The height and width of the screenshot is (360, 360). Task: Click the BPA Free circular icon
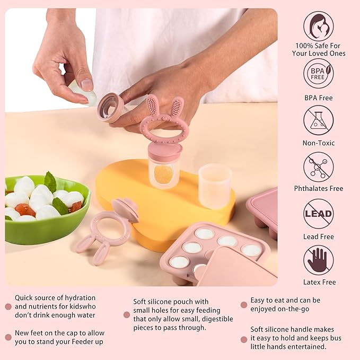tap(319, 74)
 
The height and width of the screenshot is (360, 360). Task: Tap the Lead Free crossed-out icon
tap(319, 214)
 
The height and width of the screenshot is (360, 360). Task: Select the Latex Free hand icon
tap(319, 260)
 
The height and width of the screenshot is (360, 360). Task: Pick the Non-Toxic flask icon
tap(319, 120)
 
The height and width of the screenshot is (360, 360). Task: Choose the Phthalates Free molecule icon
tap(319, 166)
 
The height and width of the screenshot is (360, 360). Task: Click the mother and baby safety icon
tap(319, 27)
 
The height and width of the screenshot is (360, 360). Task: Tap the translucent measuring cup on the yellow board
tap(215, 186)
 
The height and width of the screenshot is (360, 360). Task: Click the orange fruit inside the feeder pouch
tap(164, 173)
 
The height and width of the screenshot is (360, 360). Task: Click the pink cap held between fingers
tap(110, 107)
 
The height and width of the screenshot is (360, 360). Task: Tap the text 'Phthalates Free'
tap(319, 188)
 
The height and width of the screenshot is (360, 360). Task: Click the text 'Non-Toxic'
tap(319, 143)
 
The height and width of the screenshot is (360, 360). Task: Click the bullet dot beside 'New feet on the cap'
tap(8, 337)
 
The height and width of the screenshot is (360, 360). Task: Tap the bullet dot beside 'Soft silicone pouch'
tap(127, 314)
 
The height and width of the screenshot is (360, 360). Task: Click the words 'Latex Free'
tap(319, 282)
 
